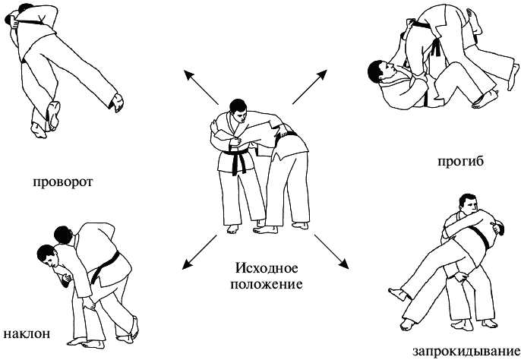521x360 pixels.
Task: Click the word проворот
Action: [x=63, y=182]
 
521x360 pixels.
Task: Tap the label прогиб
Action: [x=460, y=161]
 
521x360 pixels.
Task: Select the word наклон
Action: [x=27, y=333]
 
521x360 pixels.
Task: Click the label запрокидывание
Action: [x=466, y=352]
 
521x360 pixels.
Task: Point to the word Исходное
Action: [x=267, y=268]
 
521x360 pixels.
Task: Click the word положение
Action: [x=267, y=285]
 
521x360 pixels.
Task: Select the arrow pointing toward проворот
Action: [x=201, y=87]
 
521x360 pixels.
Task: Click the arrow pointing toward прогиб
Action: [x=310, y=87]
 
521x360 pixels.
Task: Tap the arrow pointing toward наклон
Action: [x=199, y=252]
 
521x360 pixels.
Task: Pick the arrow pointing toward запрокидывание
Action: [x=331, y=251]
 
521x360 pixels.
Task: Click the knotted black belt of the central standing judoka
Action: [x=238, y=159]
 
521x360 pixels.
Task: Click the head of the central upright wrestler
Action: [x=238, y=109]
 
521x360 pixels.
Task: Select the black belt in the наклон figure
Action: [x=105, y=267]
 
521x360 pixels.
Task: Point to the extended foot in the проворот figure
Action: [x=117, y=102]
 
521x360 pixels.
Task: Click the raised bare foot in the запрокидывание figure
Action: [x=398, y=294]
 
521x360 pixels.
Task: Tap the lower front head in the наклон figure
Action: [x=47, y=256]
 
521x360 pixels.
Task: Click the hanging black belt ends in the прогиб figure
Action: [x=437, y=48]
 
